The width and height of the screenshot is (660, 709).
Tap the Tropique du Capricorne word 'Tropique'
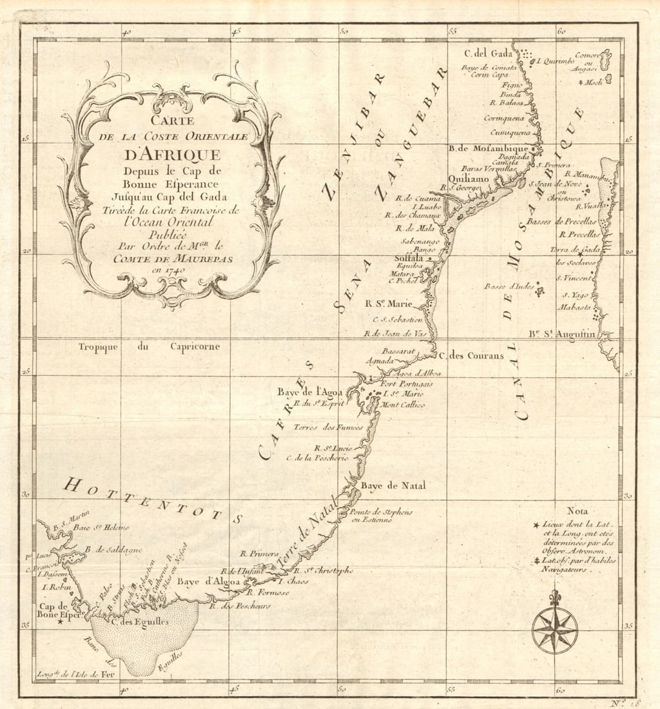click(98, 347)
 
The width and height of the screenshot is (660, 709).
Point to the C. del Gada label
click(488, 53)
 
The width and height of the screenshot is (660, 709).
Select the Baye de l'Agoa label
click(309, 391)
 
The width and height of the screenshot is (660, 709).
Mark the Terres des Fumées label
click(328, 427)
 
